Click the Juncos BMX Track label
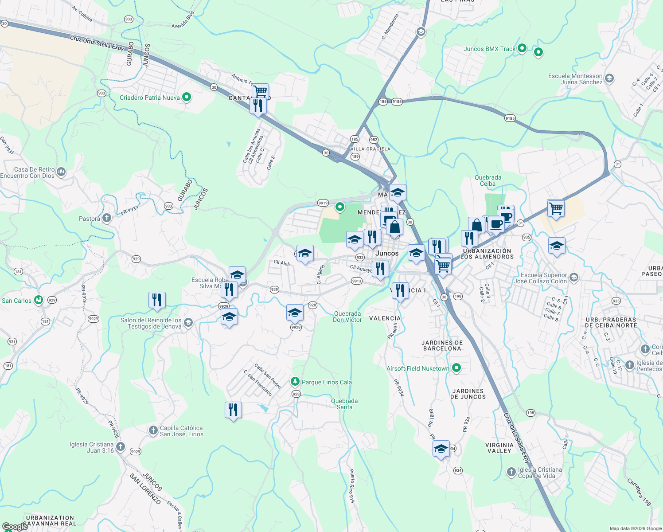489,49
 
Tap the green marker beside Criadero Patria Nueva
187,97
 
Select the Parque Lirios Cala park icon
295,382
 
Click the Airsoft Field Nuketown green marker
456,368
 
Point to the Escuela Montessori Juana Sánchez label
575,79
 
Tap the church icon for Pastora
107,218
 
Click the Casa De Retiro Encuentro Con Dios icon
61,172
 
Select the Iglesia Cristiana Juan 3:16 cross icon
121,447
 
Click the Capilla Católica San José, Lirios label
181,431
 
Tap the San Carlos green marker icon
39,300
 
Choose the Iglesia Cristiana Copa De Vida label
540,473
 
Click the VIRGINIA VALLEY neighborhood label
499,448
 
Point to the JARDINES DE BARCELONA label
442,345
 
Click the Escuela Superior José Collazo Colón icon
574,278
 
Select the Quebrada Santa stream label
344,404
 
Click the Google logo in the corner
15,526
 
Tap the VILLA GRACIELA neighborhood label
370,149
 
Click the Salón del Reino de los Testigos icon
188,322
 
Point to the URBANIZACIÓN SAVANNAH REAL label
50,520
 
